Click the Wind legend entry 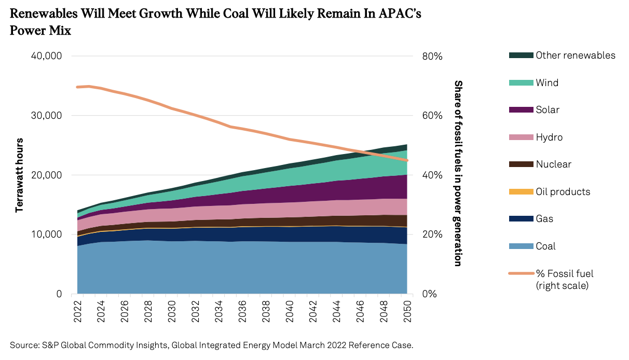point(547,82)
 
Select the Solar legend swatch point(518,110)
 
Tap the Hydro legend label point(549,137)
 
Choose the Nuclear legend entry point(553,164)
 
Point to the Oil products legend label point(563,191)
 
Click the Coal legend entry point(545,246)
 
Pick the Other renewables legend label point(576,56)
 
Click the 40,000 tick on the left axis point(44,56)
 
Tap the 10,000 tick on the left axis point(44,234)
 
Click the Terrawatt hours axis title point(20,175)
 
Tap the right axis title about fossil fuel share point(458,173)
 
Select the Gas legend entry point(544,219)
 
